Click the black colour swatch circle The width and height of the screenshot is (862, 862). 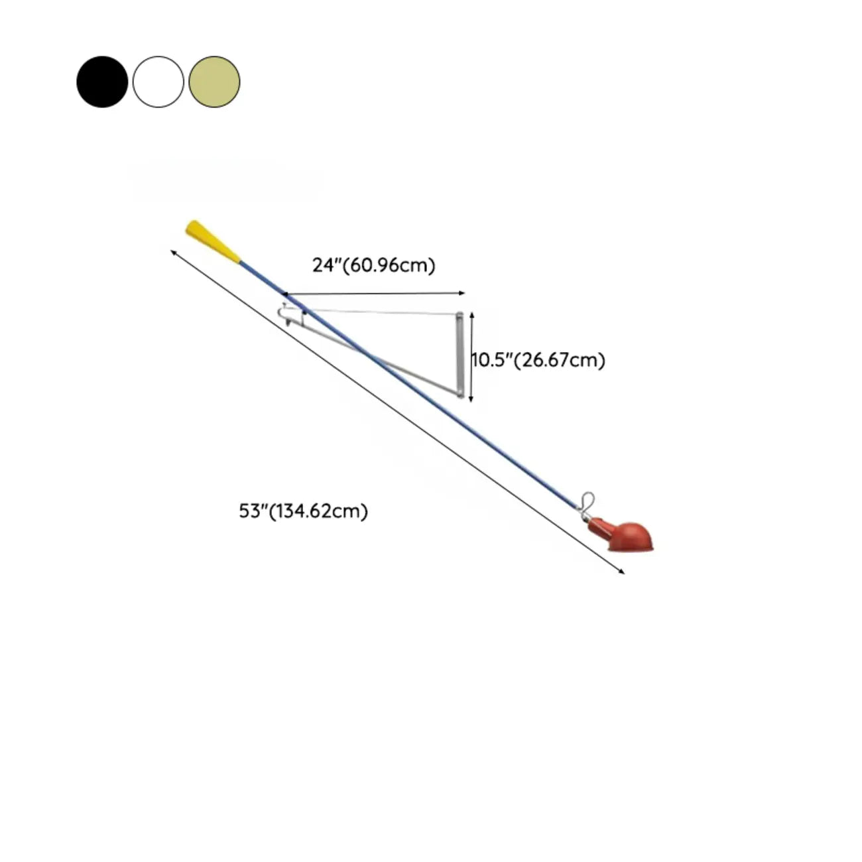coord(102,82)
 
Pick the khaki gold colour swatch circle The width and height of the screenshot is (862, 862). coord(214,82)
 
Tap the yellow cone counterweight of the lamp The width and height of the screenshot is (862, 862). coord(213,241)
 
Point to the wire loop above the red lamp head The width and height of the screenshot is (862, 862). coord(587,502)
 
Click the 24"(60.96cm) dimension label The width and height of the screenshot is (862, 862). coord(373,266)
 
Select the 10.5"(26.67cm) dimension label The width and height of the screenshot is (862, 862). coord(538,359)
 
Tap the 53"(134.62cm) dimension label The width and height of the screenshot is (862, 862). coord(303,511)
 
